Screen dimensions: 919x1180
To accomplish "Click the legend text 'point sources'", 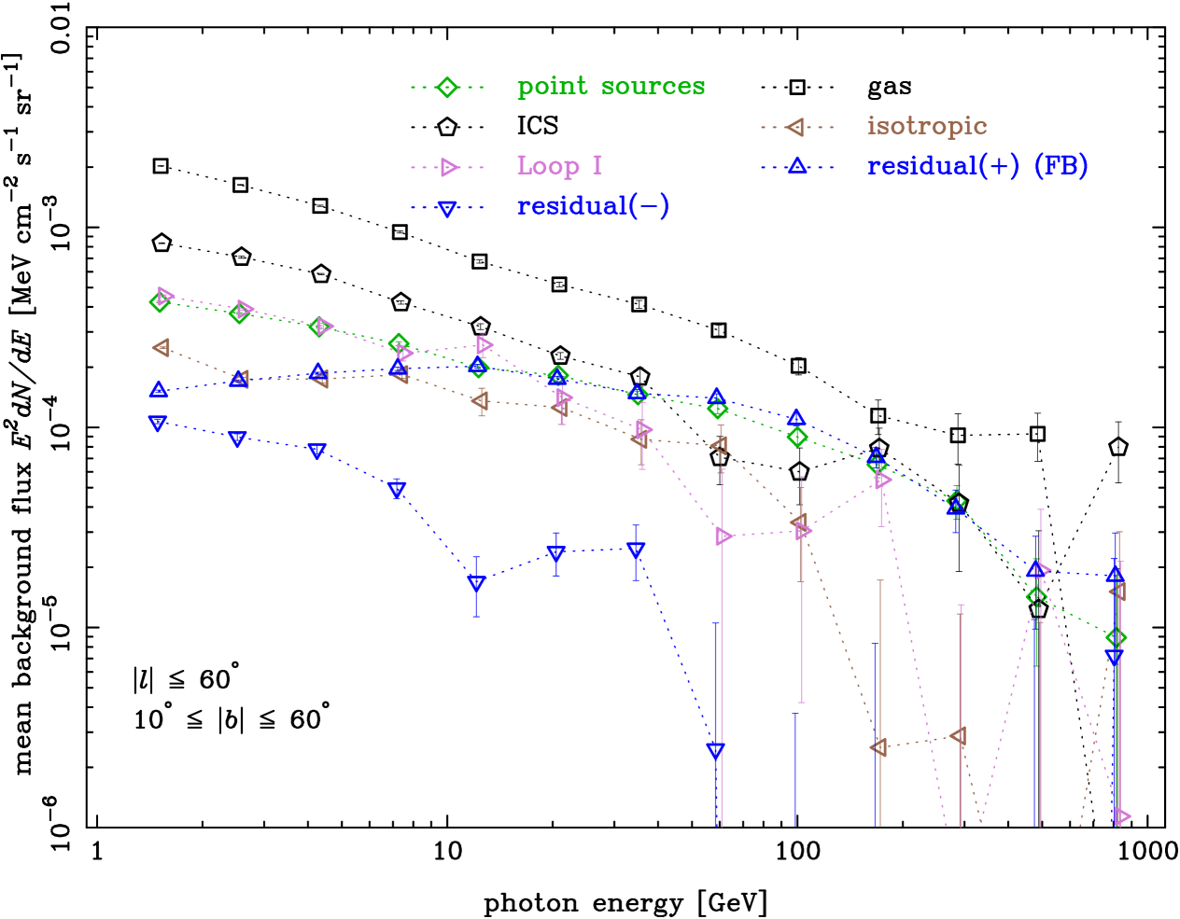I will tap(611, 87).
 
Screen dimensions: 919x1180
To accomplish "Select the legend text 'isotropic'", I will tap(926, 126).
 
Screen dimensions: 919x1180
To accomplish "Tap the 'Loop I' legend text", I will tap(559, 166).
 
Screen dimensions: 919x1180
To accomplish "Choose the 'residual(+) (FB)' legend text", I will tap(976, 166).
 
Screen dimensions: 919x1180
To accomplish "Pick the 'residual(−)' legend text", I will tap(593, 206).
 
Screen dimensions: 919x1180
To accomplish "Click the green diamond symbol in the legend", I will tap(447, 87).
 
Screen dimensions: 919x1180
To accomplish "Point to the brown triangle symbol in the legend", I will tap(796, 127).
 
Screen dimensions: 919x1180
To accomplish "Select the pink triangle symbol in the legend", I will tap(448, 167).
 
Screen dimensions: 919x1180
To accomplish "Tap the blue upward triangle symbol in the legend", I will tap(796, 166).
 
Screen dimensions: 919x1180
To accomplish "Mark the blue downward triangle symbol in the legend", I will tap(447, 208).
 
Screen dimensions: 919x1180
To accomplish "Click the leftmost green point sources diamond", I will tap(160, 301).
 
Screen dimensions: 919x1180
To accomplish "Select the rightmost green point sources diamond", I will tap(1116, 638).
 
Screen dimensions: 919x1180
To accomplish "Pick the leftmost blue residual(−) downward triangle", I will tap(158, 424).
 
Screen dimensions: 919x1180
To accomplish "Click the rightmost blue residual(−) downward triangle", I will tap(1114, 658).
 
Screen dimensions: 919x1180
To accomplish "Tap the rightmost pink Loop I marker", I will tap(1121, 816).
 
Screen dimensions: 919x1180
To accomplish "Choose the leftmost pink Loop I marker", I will tap(165, 296).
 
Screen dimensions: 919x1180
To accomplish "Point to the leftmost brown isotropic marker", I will tap(161, 348).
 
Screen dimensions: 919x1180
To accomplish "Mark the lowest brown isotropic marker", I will tap(878, 747).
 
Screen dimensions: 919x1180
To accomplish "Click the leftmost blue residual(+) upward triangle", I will tap(159, 389).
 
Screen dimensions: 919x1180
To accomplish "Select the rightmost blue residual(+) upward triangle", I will tap(1115, 573).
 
